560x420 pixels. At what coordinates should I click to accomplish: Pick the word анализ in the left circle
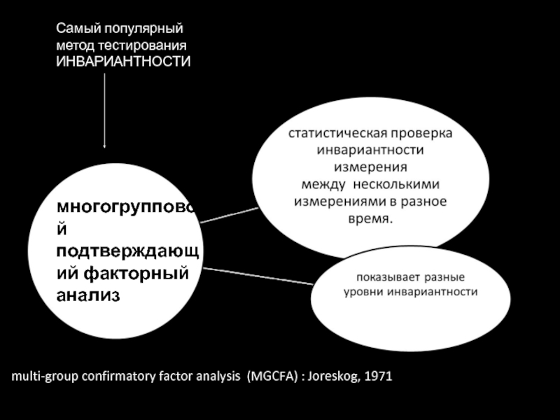pos(88,295)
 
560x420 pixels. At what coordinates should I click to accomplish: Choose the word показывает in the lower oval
pos(382,276)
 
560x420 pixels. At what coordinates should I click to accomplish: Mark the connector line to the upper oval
pos(229,214)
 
